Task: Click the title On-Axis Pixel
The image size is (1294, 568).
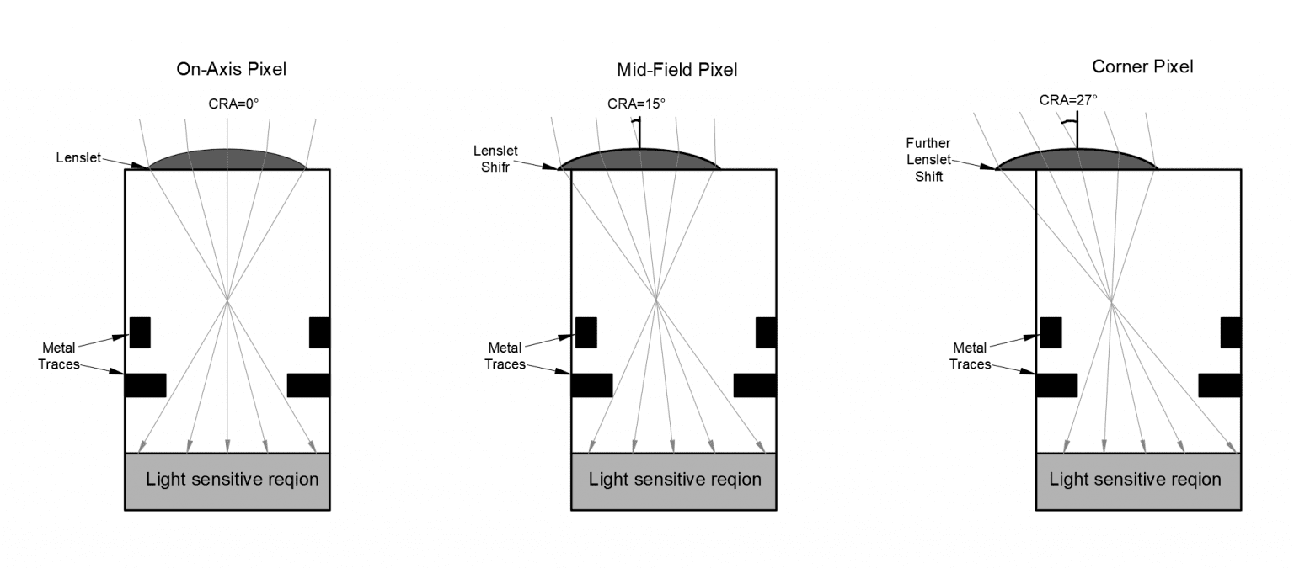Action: (231, 70)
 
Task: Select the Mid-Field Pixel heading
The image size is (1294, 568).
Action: (677, 70)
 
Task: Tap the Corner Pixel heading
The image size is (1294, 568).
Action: (1142, 66)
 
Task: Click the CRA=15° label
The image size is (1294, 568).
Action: (636, 104)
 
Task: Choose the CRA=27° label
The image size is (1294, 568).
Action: (1068, 99)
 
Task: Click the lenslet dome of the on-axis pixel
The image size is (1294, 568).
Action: (227, 160)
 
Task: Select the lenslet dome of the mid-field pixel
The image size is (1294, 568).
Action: (639, 160)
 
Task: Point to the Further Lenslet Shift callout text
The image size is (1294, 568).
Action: (928, 159)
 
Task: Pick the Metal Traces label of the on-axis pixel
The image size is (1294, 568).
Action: (61, 356)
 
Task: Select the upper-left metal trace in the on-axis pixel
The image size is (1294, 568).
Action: (140, 332)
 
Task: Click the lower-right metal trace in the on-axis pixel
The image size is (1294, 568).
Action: (308, 385)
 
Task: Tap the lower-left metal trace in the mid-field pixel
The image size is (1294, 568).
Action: (591, 385)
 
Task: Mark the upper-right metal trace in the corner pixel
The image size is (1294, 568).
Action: (1231, 332)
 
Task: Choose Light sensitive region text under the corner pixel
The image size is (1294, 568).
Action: (1135, 480)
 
